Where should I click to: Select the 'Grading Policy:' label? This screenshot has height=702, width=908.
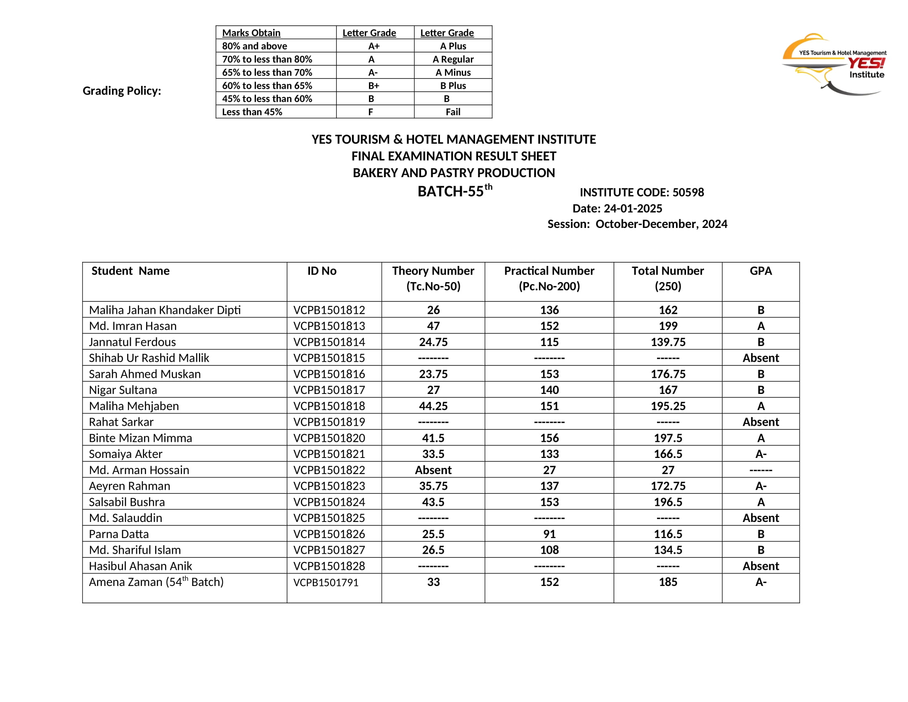point(122,91)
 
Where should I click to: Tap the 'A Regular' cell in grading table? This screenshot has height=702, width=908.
point(453,59)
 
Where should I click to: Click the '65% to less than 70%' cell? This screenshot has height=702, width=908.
point(267,72)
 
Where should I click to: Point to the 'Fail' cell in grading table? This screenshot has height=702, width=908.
point(453,112)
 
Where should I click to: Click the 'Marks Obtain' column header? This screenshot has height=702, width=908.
point(251,33)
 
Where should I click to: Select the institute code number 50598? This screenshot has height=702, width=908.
point(688,192)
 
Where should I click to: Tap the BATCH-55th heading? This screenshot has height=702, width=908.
point(454,191)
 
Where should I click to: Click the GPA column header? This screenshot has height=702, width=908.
point(760,271)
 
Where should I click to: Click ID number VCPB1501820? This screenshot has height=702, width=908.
point(329,438)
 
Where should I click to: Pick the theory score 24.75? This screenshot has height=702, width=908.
point(433,342)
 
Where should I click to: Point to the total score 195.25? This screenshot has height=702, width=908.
point(668,406)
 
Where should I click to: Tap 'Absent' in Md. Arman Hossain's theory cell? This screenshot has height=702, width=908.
point(433,470)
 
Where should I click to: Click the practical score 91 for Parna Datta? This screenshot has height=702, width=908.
point(549,534)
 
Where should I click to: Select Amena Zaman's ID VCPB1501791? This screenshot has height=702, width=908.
point(326,583)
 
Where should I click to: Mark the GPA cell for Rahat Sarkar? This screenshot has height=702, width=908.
point(760,422)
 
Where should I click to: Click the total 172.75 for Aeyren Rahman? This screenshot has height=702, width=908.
point(668,486)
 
